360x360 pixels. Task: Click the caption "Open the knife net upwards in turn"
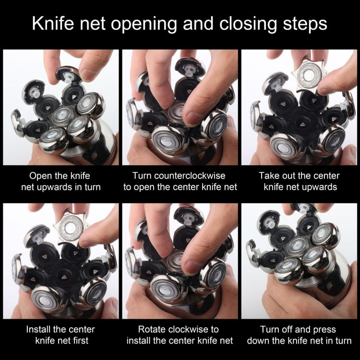(60, 181)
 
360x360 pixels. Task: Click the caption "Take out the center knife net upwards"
(299, 181)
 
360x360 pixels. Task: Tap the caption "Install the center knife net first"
(60, 335)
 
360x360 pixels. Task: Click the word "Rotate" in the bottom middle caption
(151, 329)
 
